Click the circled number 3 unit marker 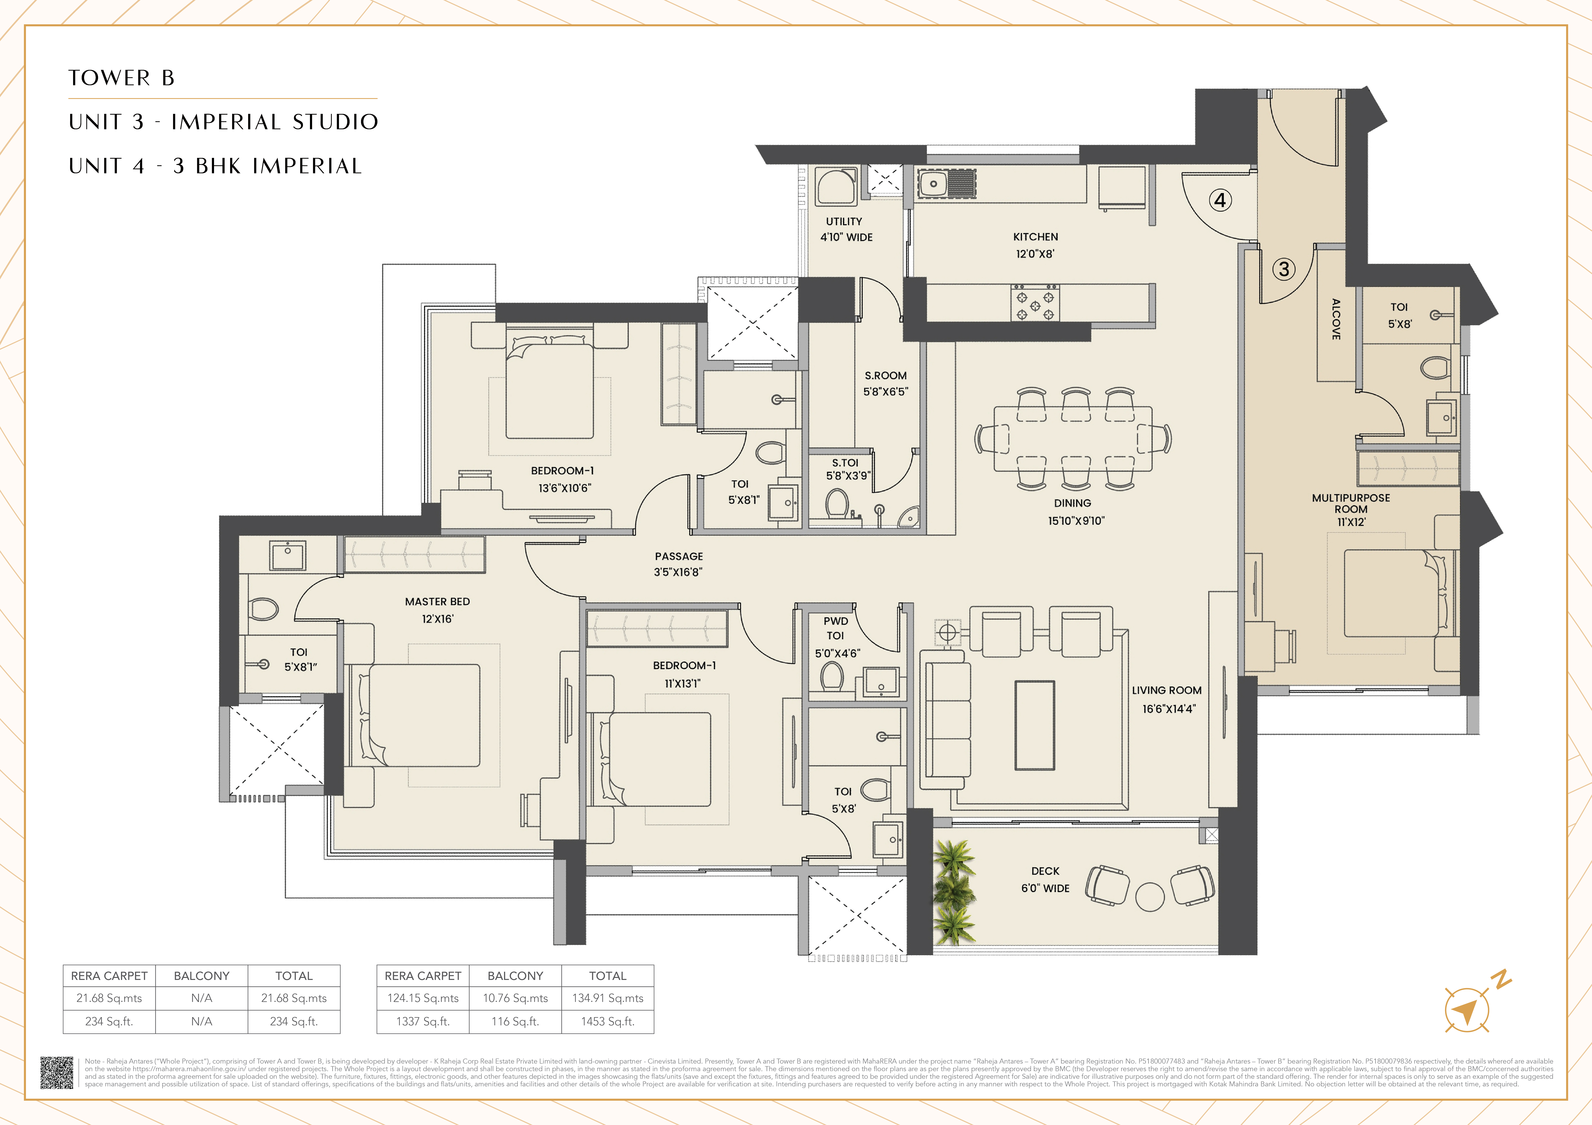pyautogui.click(x=1283, y=269)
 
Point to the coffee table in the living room pyautogui.click(x=1035, y=725)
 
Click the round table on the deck pyautogui.click(x=1150, y=897)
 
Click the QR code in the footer pyautogui.click(x=56, y=1072)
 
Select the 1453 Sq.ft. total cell pyautogui.click(x=607, y=1021)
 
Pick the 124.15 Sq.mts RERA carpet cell pyautogui.click(x=423, y=998)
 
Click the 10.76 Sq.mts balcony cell pyautogui.click(x=515, y=998)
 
